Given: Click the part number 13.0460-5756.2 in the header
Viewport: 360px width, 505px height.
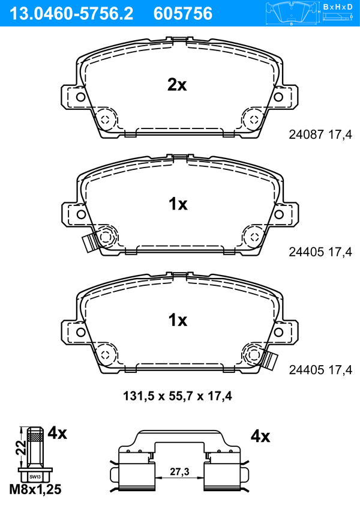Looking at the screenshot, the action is tap(71, 14).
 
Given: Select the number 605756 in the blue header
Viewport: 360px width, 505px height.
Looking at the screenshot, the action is tap(183, 14).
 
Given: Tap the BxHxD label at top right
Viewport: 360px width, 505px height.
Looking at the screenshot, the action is tap(338, 7).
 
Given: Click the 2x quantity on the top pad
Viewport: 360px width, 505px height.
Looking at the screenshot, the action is tap(177, 85).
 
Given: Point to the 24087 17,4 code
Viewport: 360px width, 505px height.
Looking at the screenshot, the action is tap(320, 135).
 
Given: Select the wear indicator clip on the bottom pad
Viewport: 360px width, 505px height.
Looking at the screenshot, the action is tap(269, 360).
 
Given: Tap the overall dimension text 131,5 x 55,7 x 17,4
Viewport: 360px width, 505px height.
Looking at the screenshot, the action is tap(178, 396).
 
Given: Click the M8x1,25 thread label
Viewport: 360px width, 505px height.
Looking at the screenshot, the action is tap(35, 489).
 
